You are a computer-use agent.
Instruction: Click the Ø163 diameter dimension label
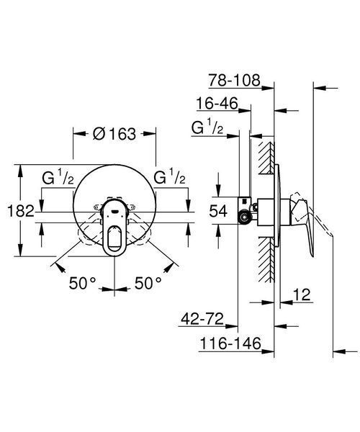pyautogui.click(x=114, y=134)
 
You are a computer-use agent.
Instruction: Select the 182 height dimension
pyautogui.click(x=21, y=211)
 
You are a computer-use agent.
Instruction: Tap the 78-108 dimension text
pyautogui.click(x=234, y=81)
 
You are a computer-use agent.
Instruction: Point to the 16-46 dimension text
pyautogui.click(x=217, y=104)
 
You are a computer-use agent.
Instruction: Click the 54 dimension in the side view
pyautogui.click(x=218, y=211)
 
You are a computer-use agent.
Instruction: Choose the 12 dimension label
pyautogui.click(x=302, y=294)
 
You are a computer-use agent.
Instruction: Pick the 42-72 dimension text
pyautogui.click(x=202, y=319)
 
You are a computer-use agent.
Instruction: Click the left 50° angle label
pyautogui.click(x=82, y=283)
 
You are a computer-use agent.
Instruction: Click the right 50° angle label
pyautogui.click(x=148, y=283)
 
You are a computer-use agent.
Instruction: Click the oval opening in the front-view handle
pyautogui.click(x=114, y=236)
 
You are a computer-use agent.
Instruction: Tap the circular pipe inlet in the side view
pyautogui.click(x=245, y=217)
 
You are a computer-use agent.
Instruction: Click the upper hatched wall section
pyautogui.click(x=266, y=158)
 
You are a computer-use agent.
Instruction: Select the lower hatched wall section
pyautogui.click(x=266, y=260)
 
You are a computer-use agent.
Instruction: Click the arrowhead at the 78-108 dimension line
pyautogui.click(x=268, y=88)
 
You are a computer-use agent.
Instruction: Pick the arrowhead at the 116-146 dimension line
pyautogui.click(x=268, y=351)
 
